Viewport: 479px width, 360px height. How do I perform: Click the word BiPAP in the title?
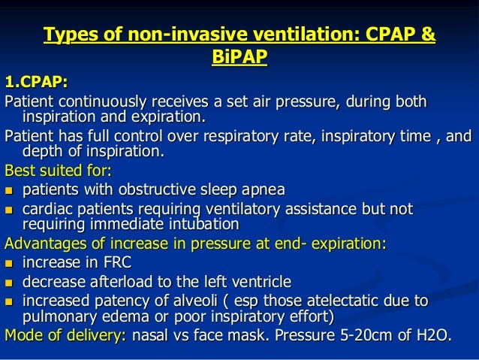(240, 56)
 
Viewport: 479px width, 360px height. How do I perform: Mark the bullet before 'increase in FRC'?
(10, 263)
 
